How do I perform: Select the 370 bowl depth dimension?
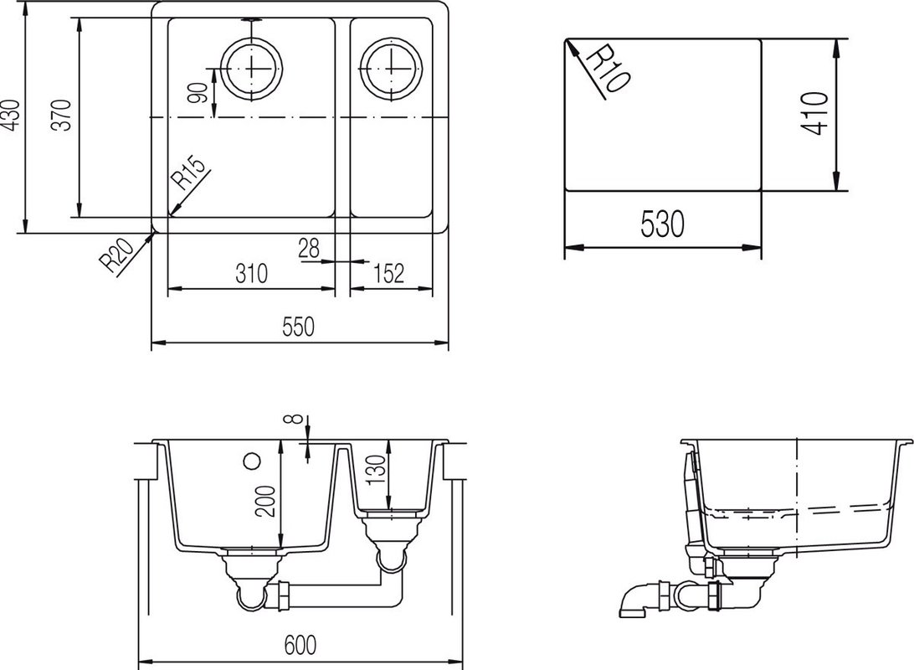coord(62,115)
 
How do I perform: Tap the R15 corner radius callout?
coord(189,173)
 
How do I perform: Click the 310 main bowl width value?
coord(251,273)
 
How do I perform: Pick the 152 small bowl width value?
coord(389,273)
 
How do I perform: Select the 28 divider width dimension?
coord(309,248)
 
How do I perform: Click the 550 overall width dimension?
coord(299,327)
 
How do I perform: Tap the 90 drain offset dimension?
coord(198,93)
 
